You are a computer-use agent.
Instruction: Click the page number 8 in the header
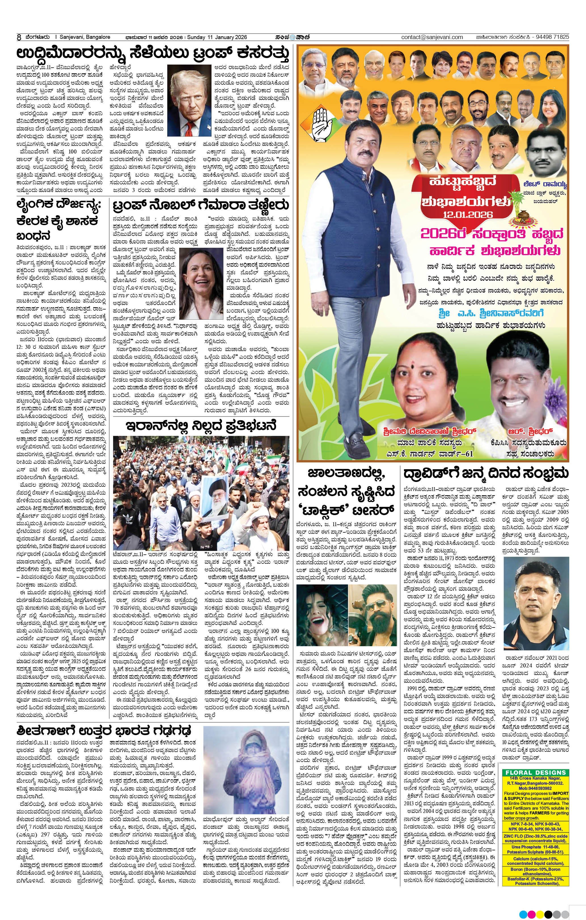tap(18, 37)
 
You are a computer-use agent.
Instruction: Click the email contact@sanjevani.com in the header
tap(432, 37)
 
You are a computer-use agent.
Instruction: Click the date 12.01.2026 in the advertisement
tap(468, 214)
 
